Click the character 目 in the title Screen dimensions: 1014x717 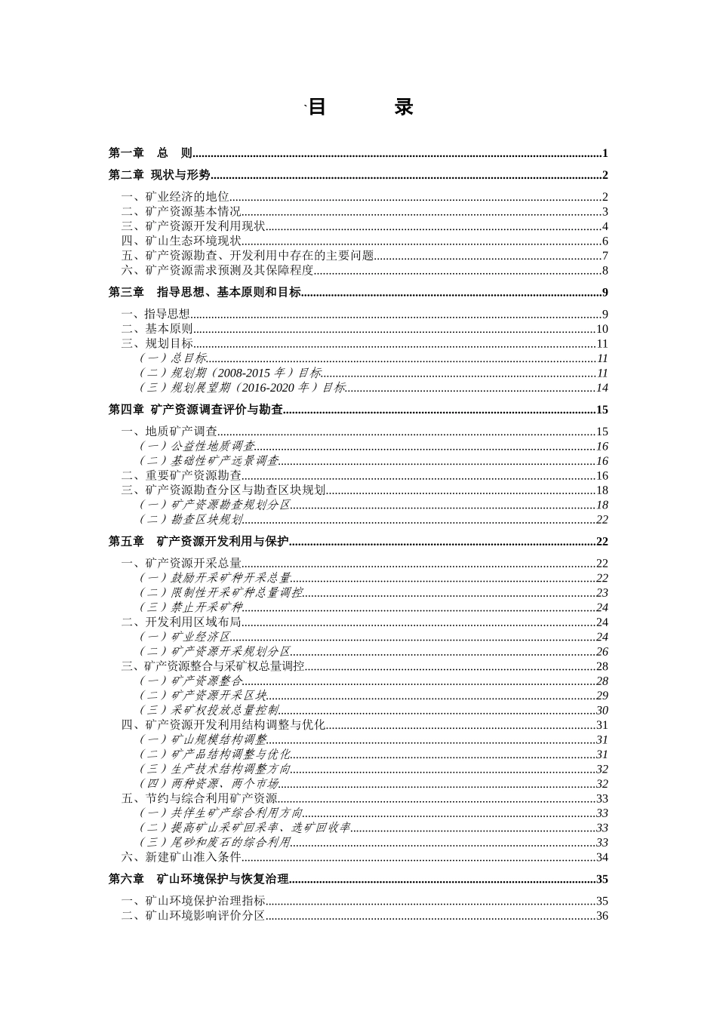tap(317, 107)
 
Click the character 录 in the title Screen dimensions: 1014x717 tap(404, 107)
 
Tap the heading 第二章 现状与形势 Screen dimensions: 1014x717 tap(159, 176)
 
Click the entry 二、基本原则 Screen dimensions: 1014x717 tap(158, 329)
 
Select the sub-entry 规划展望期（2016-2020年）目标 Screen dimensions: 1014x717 tap(242, 388)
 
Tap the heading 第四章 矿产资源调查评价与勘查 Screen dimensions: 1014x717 tap(196, 410)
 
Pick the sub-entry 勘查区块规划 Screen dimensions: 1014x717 tap(192, 520)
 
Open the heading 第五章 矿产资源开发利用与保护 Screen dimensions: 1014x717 tap(199, 542)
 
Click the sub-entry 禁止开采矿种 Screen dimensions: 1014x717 tap(192, 607)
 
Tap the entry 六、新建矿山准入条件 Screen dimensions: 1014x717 tap(182, 857)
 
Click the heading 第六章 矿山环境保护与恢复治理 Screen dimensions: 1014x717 tap(199, 879)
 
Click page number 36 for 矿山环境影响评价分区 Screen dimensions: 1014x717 tap(602, 916)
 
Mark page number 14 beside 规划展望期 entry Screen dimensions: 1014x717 tap(602, 388)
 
